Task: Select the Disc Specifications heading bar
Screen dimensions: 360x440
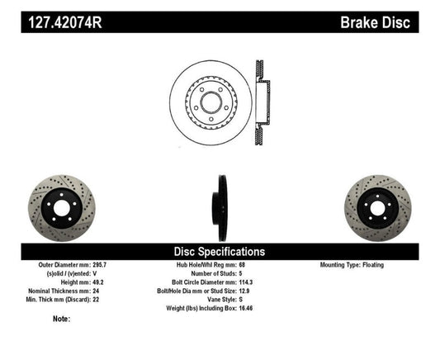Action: pos(219,250)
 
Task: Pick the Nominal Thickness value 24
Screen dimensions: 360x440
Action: pos(97,290)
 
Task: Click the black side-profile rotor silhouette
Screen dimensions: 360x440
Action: pos(220,204)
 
